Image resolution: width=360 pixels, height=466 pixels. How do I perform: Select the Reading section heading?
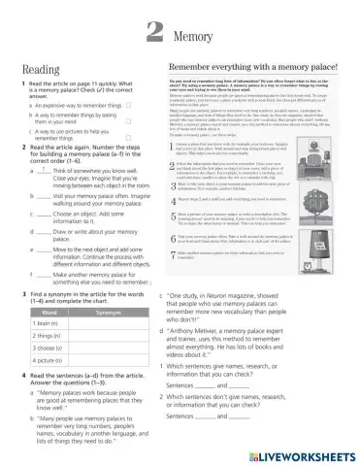click(x=41, y=70)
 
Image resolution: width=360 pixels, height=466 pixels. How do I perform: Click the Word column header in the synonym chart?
click(x=48, y=313)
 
